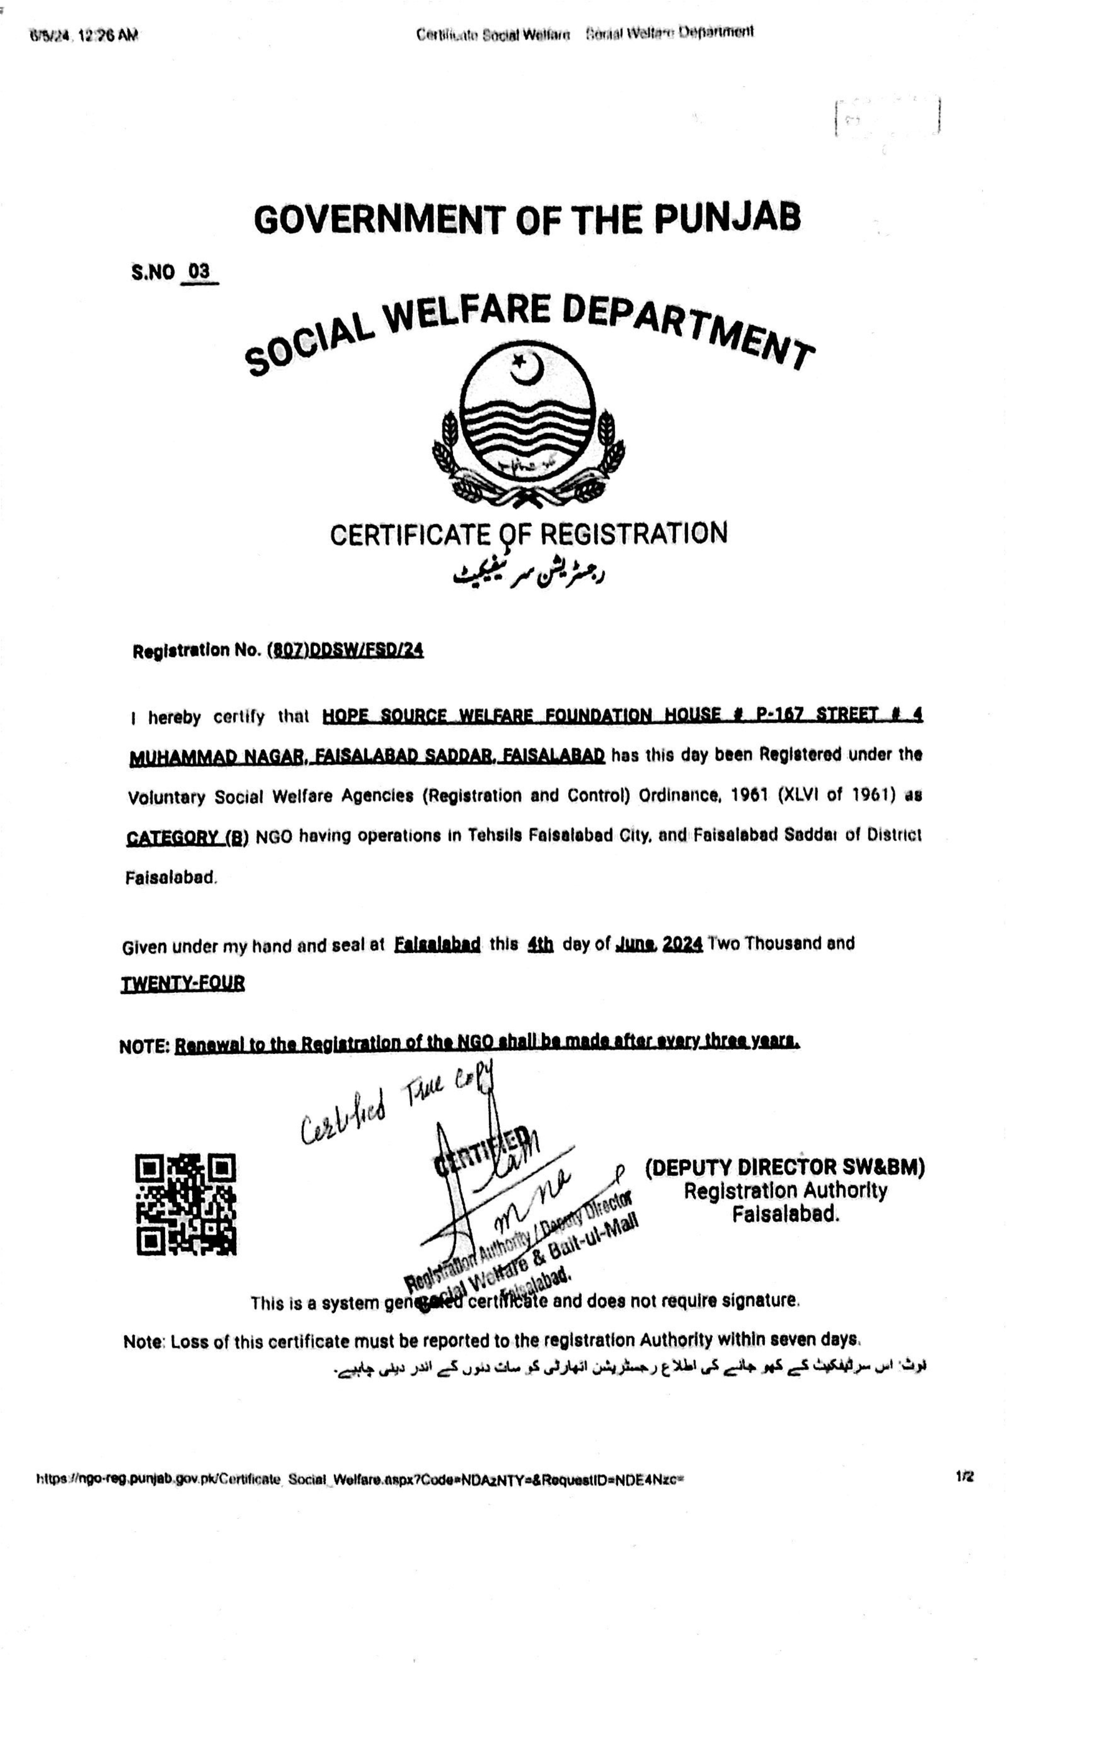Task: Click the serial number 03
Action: point(199,272)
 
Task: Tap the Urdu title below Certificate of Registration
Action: point(528,574)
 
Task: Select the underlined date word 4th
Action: point(540,944)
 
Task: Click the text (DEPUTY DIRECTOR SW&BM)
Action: point(785,1167)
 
